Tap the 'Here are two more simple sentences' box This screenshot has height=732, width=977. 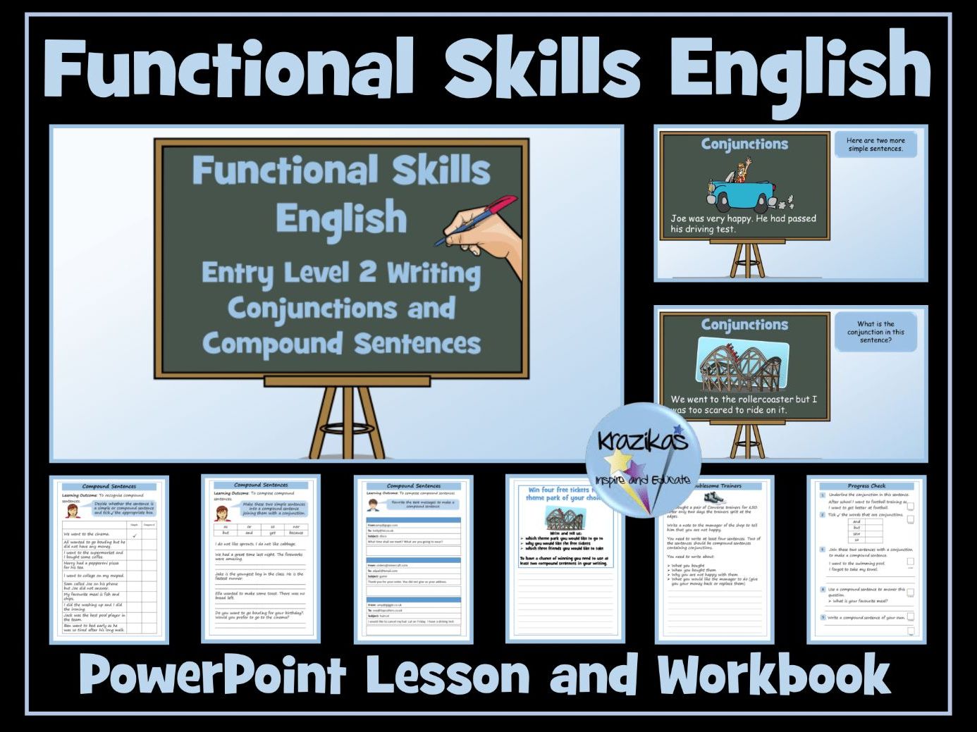point(875,144)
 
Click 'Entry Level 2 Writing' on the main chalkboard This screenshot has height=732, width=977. point(341,273)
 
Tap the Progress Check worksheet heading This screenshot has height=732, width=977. point(866,485)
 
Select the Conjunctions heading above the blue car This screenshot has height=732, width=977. point(744,144)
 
